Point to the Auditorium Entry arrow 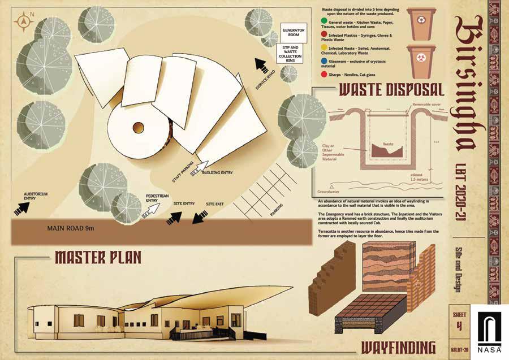[23, 207]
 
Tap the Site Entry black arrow [175, 217]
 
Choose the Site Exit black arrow [200, 218]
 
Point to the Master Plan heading [98, 258]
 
